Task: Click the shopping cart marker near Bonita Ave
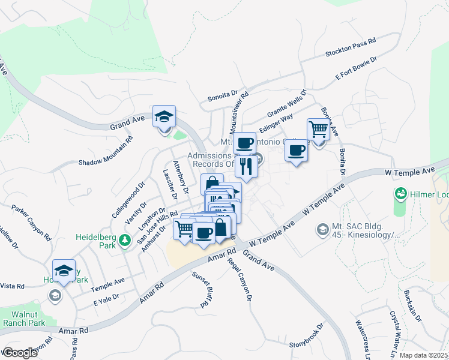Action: pyautogui.click(x=318, y=128)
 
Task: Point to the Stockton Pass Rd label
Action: pyautogui.click(x=351, y=48)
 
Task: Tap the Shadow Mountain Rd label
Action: pyautogui.click(x=106, y=154)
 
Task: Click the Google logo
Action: pyautogui.click(x=20, y=353)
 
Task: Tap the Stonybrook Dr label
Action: pyautogui.click(x=306, y=337)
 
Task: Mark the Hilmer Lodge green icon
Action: pyautogui.click(x=400, y=194)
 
